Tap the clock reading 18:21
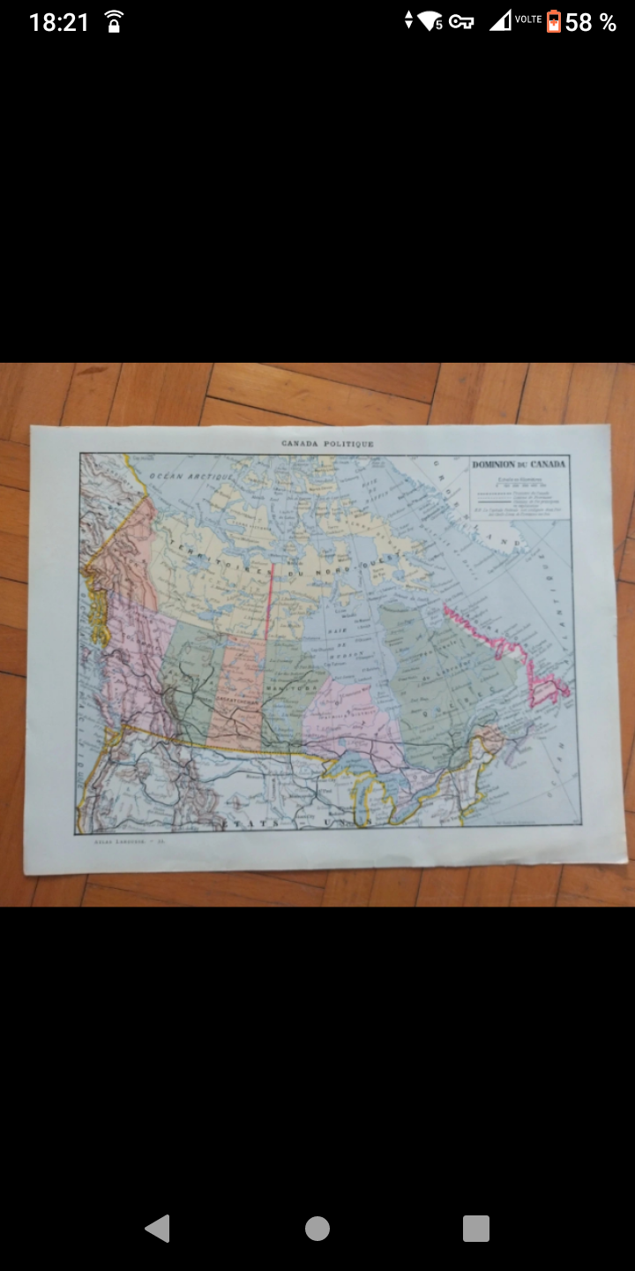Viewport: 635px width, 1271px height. (x=59, y=22)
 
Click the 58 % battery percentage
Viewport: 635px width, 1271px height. (x=590, y=22)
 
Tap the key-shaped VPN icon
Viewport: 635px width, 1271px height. (x=461, y=21)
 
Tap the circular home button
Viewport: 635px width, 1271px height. (x=317, y=1228)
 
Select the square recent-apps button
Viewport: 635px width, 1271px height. (x=475, y=1228)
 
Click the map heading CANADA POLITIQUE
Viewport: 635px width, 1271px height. (x=327, y=444)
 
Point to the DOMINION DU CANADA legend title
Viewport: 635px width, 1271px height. (x=519, y=464)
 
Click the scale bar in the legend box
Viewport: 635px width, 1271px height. (x=520, y=485)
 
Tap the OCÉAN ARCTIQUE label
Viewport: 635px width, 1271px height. (x=190, y=476)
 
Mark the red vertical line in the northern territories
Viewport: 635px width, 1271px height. (x=268, y=600)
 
